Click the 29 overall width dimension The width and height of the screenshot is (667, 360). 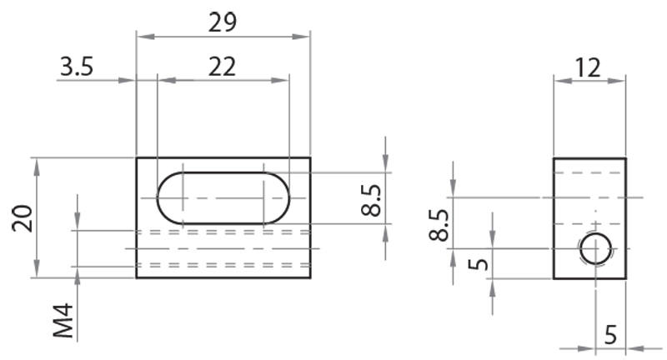223,22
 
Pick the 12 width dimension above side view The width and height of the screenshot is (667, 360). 589,67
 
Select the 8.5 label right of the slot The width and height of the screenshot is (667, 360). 373,201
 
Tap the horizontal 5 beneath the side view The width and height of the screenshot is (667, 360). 610,335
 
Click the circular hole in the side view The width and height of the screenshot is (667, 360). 595,249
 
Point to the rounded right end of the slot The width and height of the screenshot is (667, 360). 277,198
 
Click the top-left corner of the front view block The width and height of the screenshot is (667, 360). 137,157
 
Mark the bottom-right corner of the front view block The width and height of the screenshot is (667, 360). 310,277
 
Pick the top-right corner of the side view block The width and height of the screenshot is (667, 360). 625,157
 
